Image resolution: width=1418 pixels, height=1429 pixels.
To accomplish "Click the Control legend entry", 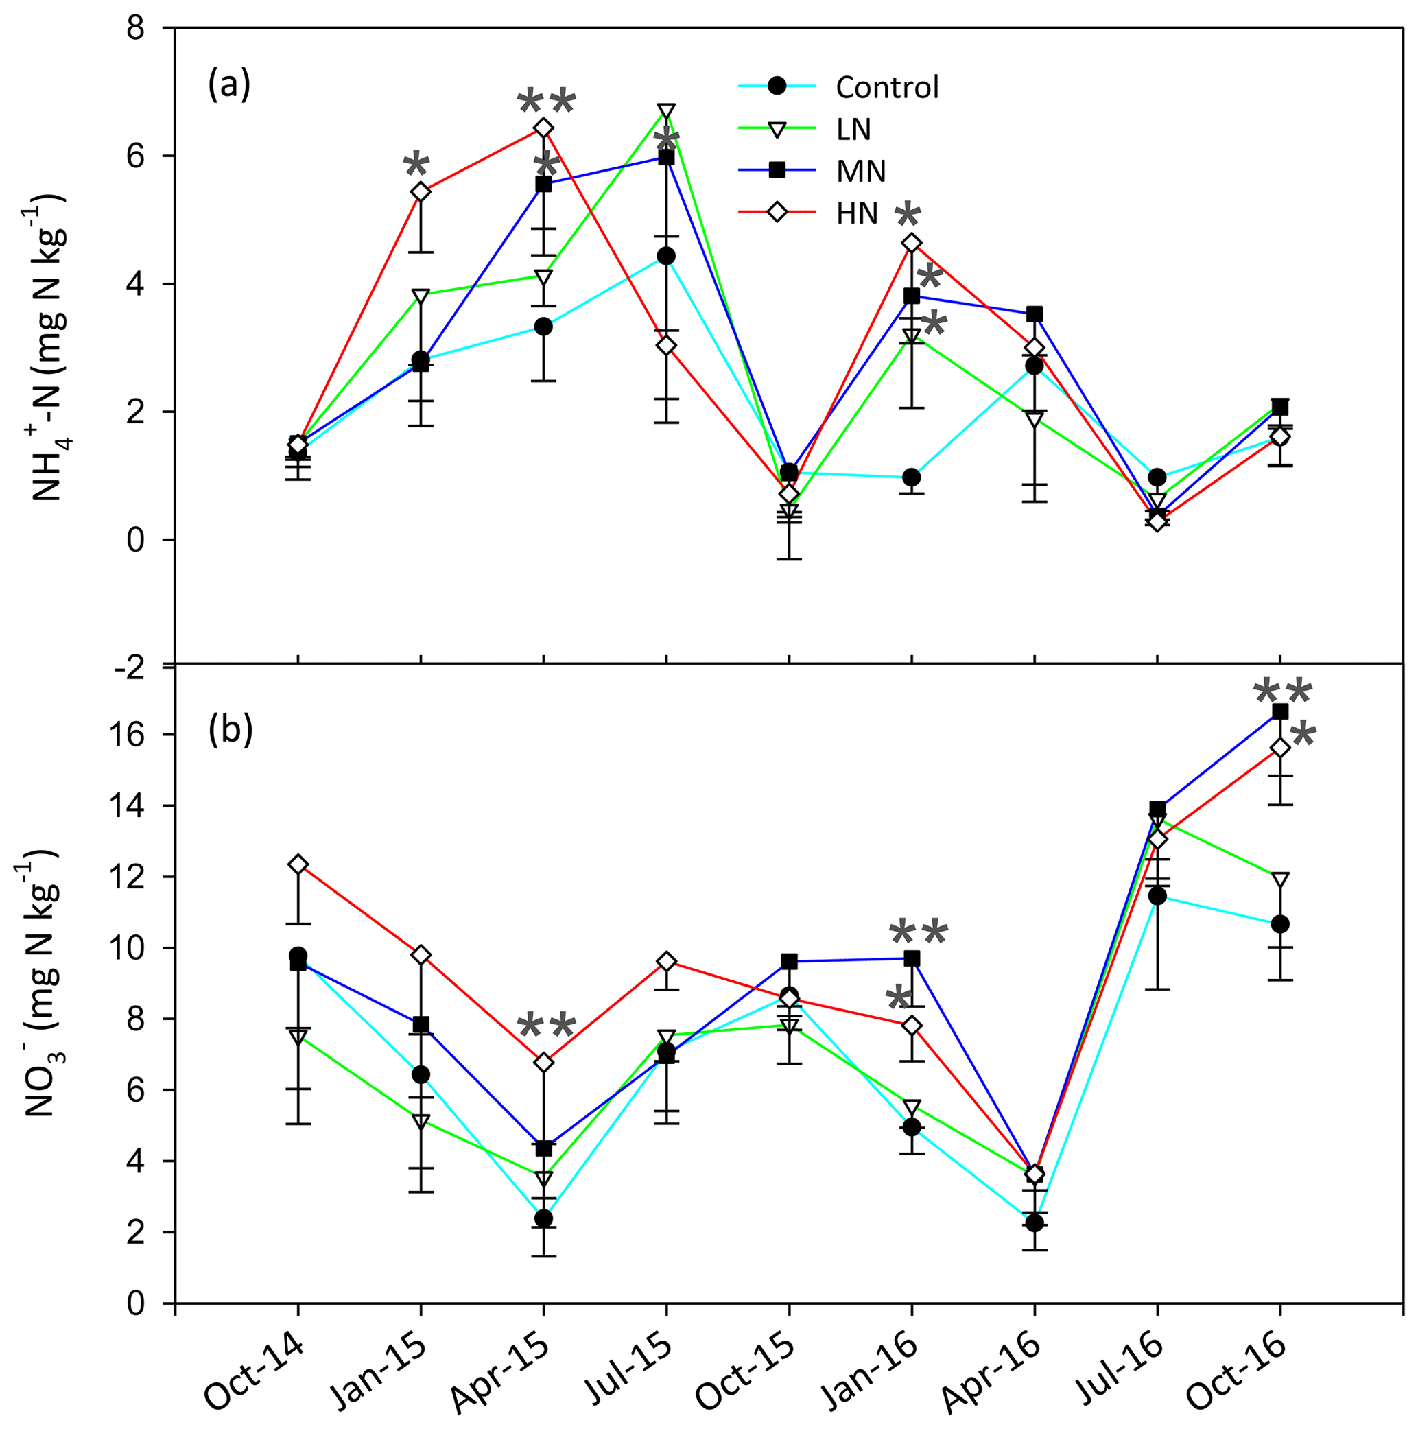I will click(886, 87).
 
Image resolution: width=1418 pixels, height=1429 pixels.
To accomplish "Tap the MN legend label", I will click(860, 171).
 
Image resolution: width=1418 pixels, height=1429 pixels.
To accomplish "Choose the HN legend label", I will click(857, 213).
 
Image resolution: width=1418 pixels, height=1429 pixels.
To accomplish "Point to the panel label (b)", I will click(230, 729).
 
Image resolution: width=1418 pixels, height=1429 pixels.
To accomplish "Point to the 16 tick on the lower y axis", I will click(145, 735).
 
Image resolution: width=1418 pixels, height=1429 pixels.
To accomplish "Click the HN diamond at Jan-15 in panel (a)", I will click(421, 191).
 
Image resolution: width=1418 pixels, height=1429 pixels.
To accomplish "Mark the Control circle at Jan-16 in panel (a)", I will click(911, 477).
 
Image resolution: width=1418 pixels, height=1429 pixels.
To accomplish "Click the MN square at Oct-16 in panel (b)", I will click(1279, 711).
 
